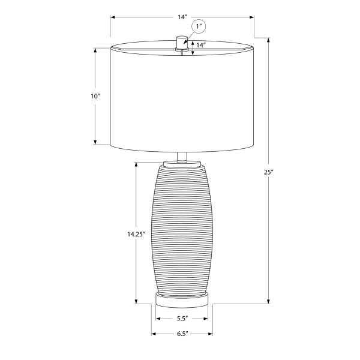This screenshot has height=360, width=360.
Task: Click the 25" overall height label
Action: pos(268,172)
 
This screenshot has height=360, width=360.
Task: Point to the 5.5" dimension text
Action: pos(182,319)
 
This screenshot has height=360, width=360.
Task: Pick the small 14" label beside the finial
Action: pos(202,46)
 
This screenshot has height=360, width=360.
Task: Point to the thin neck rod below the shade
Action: pos(182,155)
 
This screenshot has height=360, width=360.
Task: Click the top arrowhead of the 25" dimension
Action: pos(268,49)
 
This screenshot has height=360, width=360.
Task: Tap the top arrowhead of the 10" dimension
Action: pos(96,50)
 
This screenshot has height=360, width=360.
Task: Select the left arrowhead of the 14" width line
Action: pos(112,18)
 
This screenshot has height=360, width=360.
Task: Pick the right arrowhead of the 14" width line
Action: pos(252,18)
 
